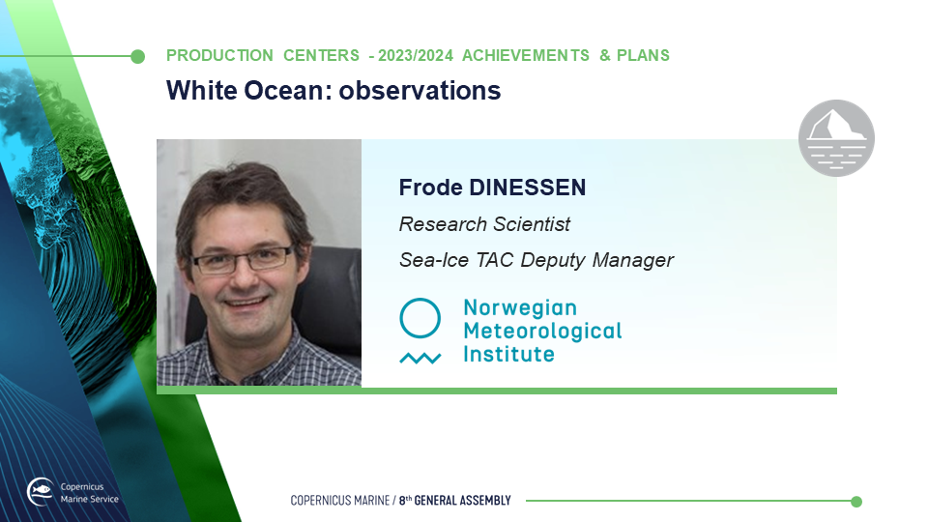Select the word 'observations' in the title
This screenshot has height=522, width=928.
tap(420, 91)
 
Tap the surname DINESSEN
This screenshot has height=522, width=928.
tap(528, 188)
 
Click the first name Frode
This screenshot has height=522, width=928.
tap(431, 188)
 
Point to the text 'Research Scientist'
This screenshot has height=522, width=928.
tap(484, 224)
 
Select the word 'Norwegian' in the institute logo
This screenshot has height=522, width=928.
tap(520, 307)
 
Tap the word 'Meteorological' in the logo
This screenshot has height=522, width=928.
tap(542, 331)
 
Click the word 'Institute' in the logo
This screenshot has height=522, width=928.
tap(509, 354)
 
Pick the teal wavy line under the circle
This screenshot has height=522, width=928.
tap(420, 358)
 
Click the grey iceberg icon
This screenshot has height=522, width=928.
tap(836, 138)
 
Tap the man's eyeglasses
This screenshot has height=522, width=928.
tap(242, 260)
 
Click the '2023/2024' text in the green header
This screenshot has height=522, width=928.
tap(416, 56)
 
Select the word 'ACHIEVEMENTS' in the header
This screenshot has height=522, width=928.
tap(526, 56)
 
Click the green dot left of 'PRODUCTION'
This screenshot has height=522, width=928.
tap(137, 56)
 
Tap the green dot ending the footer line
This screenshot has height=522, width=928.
tap(855, 502)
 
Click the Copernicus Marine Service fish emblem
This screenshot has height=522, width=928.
tap(41, 491)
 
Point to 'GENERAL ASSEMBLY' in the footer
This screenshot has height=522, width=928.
tap(462, 501)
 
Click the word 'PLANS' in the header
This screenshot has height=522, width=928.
tap(644, 56)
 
